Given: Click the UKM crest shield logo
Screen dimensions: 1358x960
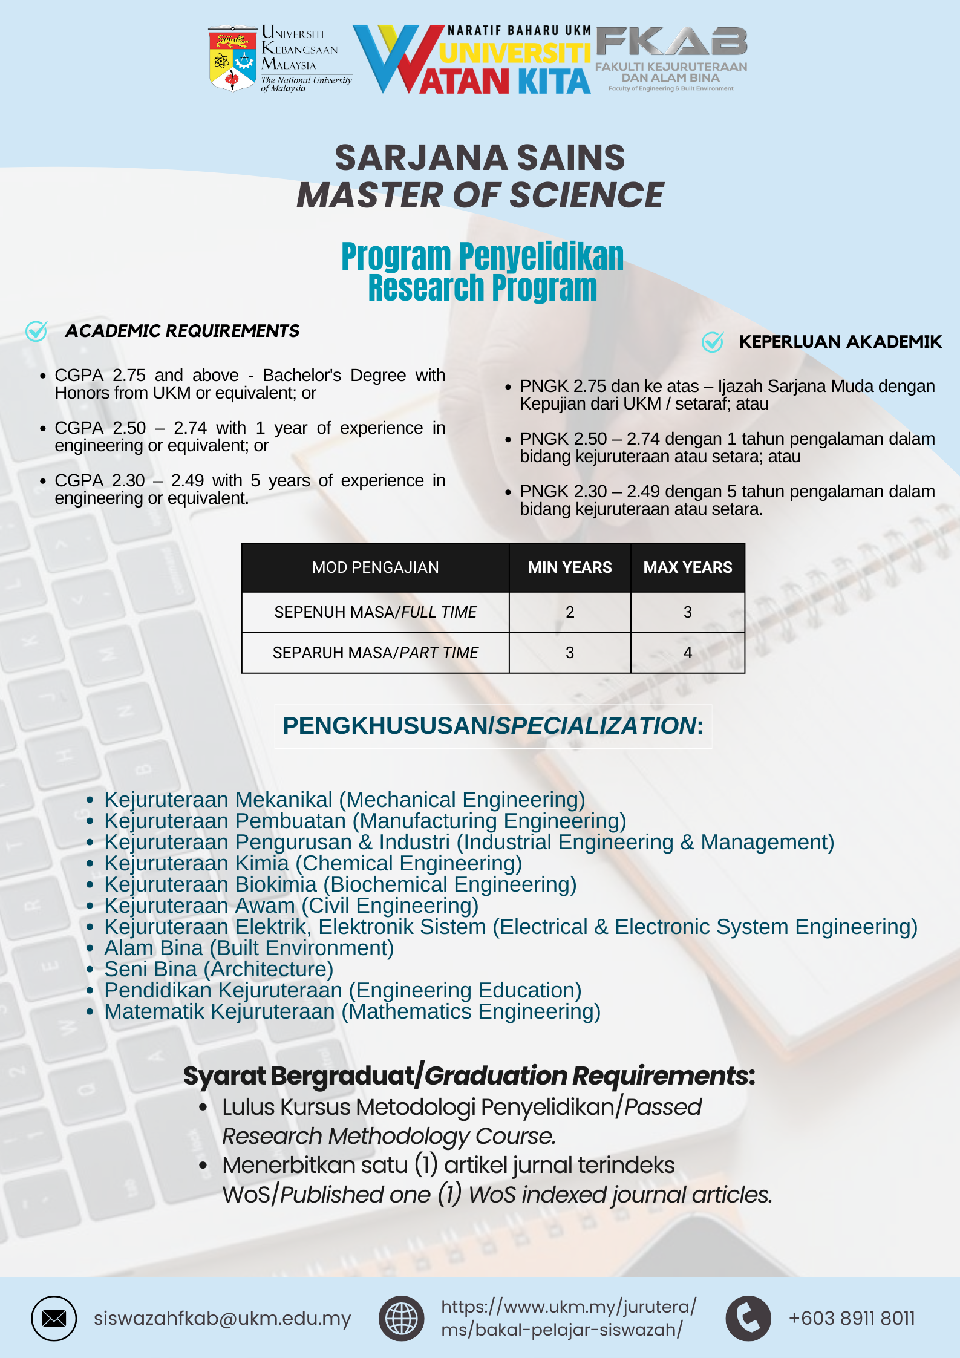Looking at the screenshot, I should pos(232,59).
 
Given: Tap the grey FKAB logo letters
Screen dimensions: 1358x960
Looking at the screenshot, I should pos(671,42).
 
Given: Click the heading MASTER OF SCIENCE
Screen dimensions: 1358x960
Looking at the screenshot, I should pos(480,195).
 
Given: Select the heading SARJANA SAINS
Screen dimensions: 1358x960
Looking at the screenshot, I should pos(480,158).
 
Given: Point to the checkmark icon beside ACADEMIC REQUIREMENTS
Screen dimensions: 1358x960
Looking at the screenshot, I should pos(36,331).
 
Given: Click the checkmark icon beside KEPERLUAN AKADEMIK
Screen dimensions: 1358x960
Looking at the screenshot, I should pos(713,342).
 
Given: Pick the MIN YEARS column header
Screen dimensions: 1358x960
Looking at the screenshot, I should pos(570,567).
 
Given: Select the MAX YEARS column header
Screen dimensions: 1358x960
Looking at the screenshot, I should pos(688,567).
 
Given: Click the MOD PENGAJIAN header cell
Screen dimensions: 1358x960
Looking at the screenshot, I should pos(375,567).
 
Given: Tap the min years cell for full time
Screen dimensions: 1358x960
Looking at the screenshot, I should pos(570,612).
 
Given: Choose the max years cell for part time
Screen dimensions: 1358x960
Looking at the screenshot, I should pos(688,653).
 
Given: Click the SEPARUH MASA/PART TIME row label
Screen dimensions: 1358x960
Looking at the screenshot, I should pos(375,653).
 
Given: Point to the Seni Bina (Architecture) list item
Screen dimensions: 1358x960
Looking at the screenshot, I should pos(218,969).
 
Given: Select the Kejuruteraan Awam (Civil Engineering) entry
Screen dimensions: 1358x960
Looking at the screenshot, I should pos(291,906).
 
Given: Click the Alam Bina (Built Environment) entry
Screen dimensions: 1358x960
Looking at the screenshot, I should pos(249,948).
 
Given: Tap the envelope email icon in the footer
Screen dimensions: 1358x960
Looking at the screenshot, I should pos(54,1318).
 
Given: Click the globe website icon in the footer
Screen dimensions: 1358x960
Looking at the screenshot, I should pos(401,1318).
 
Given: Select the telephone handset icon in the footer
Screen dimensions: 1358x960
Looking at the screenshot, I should pos(748,1318).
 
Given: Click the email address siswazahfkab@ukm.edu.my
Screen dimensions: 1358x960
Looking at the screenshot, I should pos(222,1318).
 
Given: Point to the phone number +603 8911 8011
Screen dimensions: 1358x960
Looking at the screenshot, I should pos(852,1318).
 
